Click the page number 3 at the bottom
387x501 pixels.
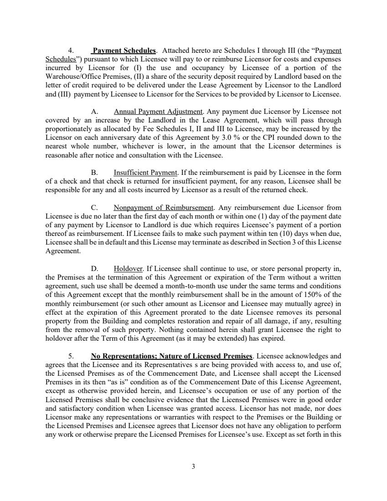tap(193, 466)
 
